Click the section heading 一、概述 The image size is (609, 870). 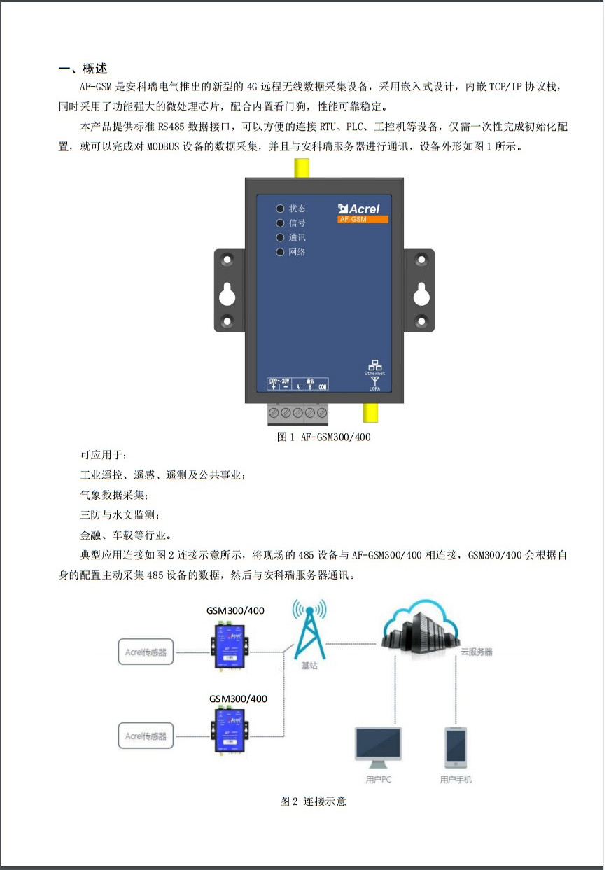[x=83, y=69]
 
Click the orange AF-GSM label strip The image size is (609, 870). [x=362, y=220]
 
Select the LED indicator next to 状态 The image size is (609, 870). [x=280, y=209]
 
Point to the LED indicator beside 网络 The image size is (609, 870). [x=280, y=252]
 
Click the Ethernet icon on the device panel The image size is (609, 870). [x=375, y=365]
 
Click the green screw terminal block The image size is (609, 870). [x=298, y=414]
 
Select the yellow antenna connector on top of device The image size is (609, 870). [x=302, y=168]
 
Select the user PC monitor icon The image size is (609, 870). [x=378, y=748]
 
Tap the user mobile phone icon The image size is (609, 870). [x=456, y=748]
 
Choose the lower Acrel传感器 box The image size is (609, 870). [x=146, y=736]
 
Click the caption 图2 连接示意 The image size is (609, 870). [x=313, y=801]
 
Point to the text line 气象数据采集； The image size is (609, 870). [x=114, y=495]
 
